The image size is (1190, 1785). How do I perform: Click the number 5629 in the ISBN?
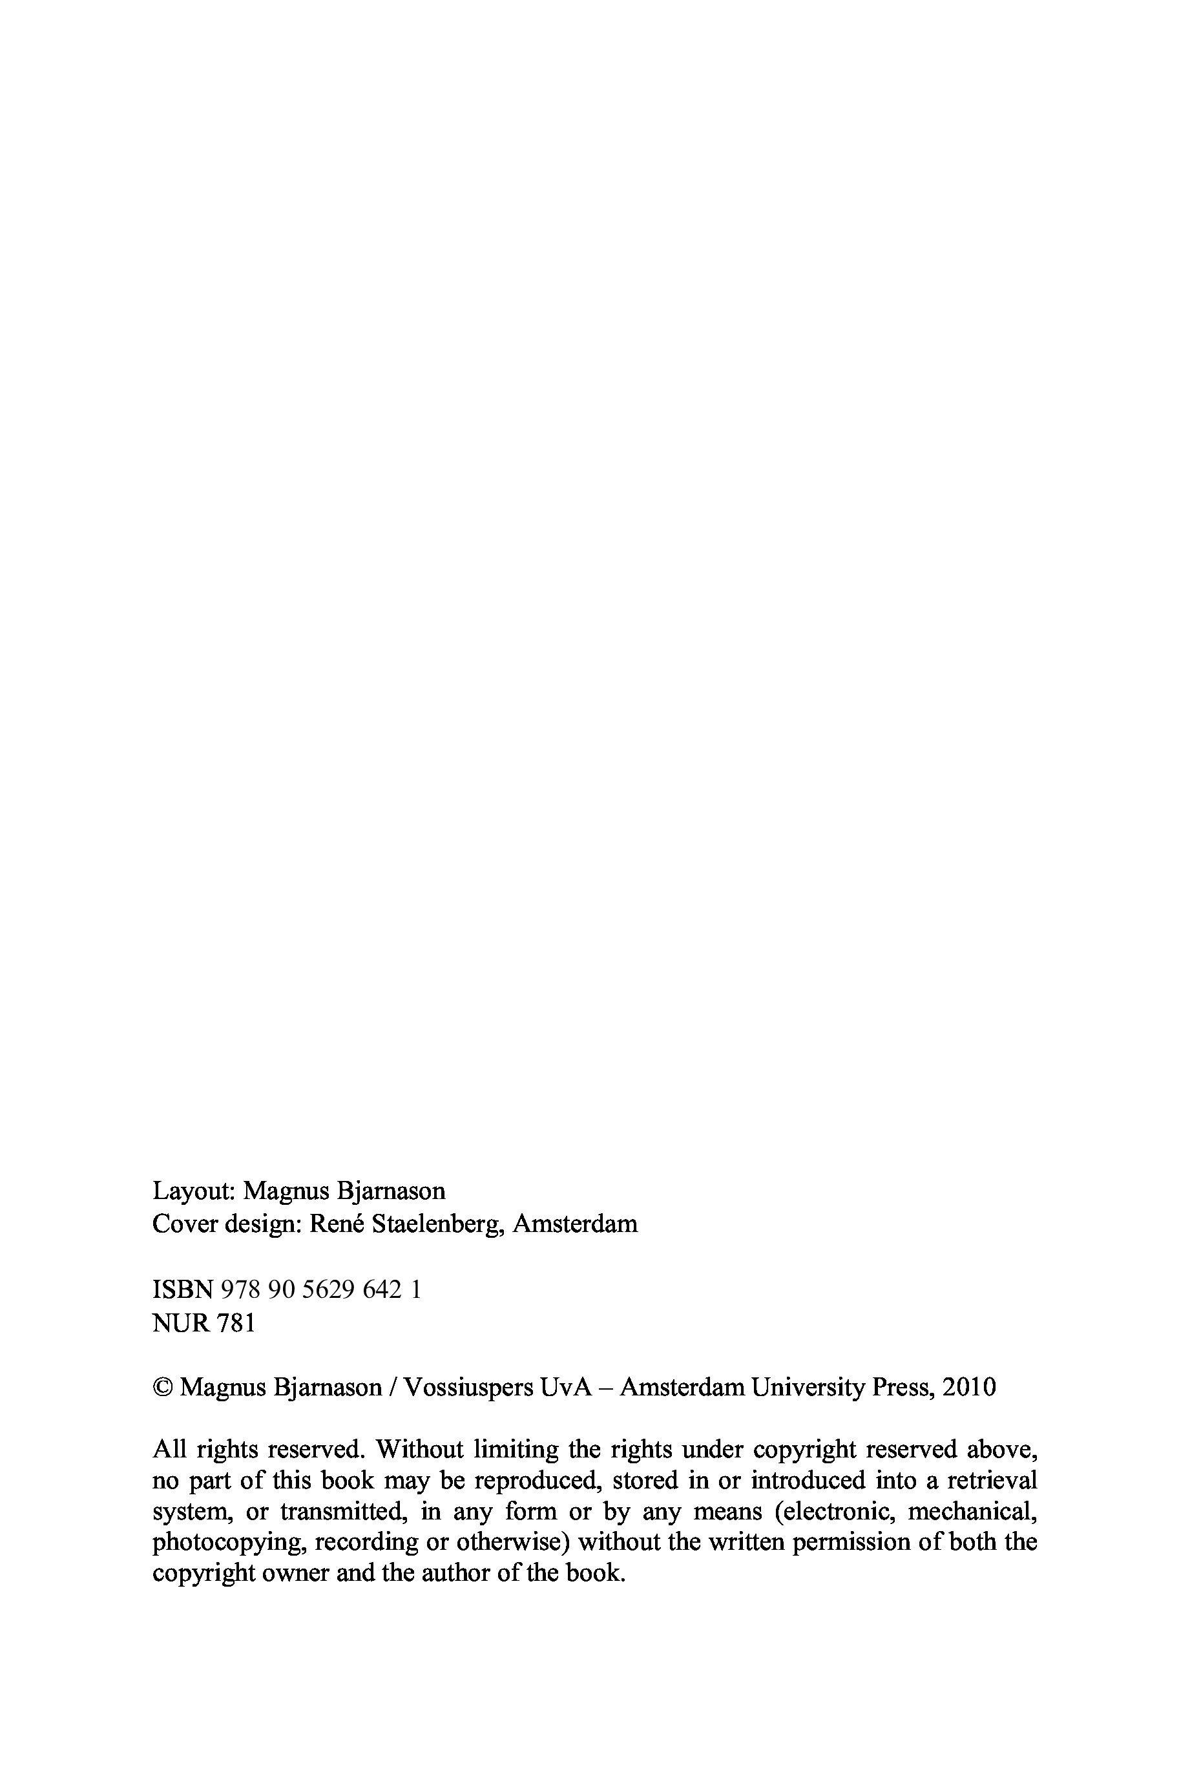(329, 1289)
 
